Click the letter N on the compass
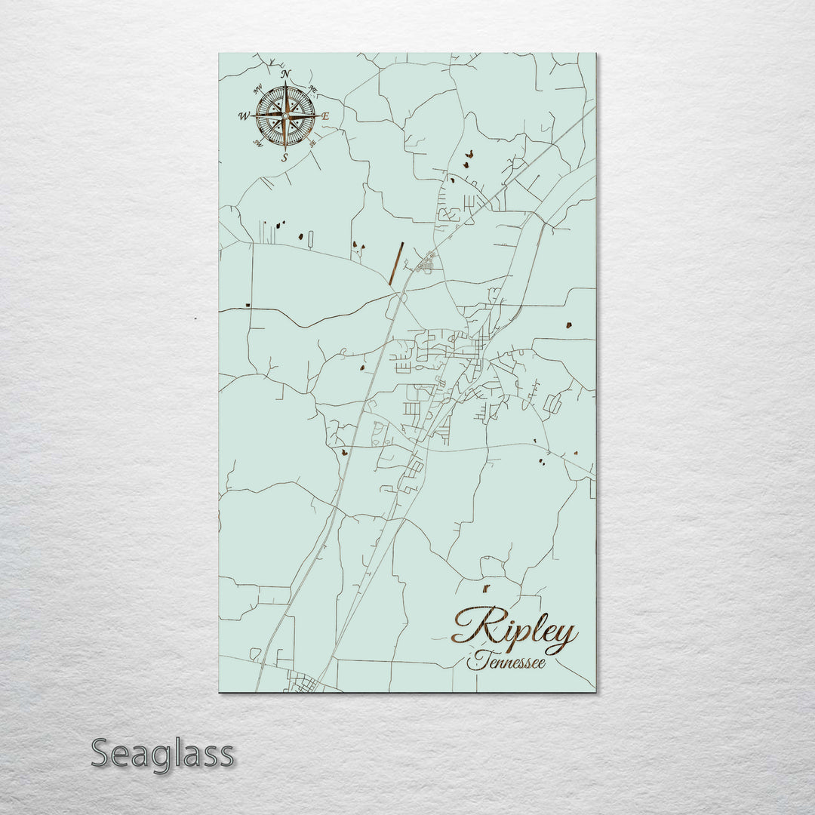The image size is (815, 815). tap(285, 74)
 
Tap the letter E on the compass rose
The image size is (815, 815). tap(326, 117)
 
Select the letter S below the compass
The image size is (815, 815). tap(284, 158)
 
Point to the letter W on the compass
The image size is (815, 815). tap(244, 116)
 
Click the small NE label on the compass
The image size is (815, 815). tap(313, 89)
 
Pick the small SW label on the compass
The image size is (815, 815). tap(258, 144)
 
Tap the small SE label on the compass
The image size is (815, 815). tap(312, 143)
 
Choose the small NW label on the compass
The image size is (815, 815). tap(257, 88)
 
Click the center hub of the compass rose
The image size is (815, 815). tap(285, 115)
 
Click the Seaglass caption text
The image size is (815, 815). tap(162, 753)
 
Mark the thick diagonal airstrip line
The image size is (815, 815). tap(396, 263)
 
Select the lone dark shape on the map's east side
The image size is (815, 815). tap(568, 325)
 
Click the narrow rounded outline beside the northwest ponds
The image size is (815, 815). tap(310, 239)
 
